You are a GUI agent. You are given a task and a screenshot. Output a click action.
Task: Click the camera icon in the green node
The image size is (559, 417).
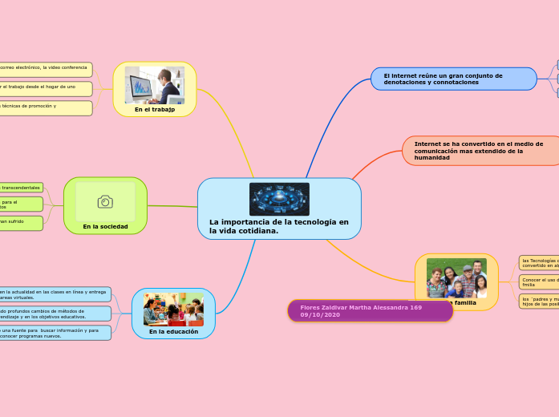105,201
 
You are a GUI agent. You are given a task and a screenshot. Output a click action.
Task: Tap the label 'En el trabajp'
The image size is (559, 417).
155,110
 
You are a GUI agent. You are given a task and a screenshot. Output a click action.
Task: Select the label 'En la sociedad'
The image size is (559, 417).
105,226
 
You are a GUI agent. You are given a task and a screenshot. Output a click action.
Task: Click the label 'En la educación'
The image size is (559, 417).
173,330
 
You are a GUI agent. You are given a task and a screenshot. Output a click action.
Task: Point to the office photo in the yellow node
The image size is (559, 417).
155,85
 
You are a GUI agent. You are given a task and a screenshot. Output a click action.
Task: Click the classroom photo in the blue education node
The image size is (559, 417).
173,310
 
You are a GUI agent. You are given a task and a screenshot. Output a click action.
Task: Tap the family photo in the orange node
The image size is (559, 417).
456,277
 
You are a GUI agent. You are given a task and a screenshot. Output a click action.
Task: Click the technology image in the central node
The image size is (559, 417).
279,199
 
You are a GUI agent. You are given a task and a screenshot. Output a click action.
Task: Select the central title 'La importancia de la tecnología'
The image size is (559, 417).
279,226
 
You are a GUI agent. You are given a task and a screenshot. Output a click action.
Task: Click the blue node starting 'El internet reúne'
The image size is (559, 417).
453,79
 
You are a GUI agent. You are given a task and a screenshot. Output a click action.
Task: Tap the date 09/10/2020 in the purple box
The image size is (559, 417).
321,315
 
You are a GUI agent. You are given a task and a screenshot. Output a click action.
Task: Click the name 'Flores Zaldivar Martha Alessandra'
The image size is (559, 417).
361,307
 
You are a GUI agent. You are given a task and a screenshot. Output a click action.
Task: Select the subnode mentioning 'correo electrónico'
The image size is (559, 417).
46,69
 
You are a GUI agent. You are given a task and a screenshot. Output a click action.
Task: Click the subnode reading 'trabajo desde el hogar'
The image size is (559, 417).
46,88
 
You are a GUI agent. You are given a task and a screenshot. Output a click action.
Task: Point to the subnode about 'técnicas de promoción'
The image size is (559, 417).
46,107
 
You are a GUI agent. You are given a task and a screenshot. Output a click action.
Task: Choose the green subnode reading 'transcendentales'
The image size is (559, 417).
22,188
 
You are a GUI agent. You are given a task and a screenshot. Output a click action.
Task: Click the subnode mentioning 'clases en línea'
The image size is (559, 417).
55,294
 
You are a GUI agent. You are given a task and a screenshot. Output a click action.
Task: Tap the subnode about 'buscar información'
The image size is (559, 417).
55,333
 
